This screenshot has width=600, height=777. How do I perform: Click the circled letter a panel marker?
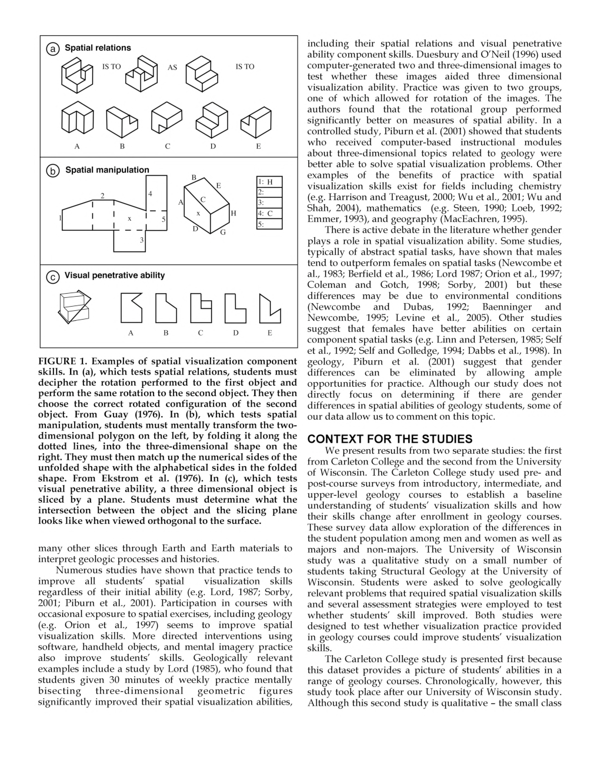pos(53,49)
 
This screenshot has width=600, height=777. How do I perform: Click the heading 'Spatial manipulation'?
pos(107,170)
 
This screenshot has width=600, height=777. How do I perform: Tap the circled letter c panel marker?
pos(53,276)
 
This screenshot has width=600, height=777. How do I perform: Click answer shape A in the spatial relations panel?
pos(77,120)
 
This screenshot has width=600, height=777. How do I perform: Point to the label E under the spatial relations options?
pos(258,146)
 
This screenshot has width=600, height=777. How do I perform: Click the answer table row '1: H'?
pos(269,182)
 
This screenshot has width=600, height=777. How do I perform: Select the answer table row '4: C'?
pos(269,214)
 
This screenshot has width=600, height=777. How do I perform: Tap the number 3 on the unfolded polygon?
pos(141,240)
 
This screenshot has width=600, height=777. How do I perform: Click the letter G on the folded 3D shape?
pos(223,233)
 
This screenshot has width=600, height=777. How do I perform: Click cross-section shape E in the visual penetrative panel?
pos(269,309)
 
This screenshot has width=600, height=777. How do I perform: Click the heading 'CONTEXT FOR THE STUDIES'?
pos(389,439)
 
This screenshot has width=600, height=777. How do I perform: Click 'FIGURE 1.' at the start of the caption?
pos(63,361)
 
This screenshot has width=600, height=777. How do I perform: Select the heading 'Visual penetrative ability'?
pos(115,275)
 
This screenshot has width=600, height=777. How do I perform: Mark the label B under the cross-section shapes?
pos(166,333)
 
